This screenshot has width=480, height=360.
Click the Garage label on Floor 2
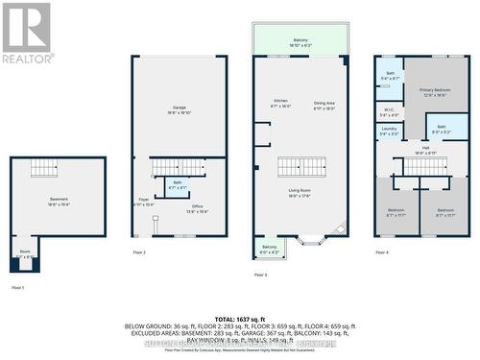point(179,109)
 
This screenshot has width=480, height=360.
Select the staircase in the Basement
point(44,168)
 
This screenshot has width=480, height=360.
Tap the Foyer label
point(143,203)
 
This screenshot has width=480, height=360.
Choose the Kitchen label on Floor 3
point(281,104)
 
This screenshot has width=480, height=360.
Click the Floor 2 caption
point(139,252)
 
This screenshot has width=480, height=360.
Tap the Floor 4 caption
point(382,252)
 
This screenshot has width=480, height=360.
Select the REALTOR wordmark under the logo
point(27,59)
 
